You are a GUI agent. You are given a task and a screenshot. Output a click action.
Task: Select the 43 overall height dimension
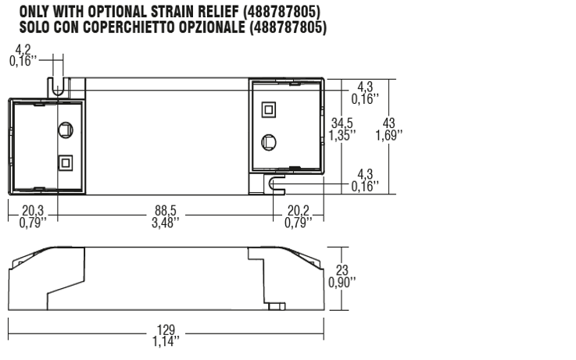click(388, 123)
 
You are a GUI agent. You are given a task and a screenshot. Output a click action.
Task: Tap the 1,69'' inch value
click(388, 135)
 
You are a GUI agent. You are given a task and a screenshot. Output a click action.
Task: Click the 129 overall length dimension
click(165, 330)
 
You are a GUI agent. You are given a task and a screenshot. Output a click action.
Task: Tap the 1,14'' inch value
click(165, 340)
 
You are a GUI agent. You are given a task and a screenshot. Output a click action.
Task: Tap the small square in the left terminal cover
click(65, 162)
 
